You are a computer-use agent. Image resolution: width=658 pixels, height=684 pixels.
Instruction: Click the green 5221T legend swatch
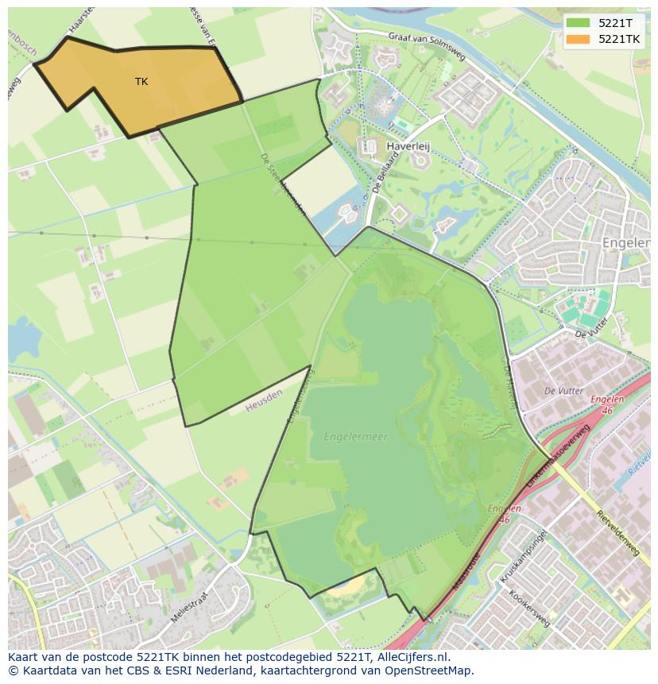(579, 23)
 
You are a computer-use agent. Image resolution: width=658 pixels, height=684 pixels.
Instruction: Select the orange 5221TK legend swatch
(579, 39)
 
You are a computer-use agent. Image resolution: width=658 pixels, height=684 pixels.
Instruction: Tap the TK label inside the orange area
(141, 82)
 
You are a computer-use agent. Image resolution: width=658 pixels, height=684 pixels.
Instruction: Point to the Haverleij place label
(407, 147)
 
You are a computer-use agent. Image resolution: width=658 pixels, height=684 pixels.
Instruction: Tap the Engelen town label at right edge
(629, 242)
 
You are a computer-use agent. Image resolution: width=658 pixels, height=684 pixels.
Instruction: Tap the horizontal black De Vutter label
(563, 391)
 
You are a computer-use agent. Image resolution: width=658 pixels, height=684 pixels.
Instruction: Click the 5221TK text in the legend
(620, 39)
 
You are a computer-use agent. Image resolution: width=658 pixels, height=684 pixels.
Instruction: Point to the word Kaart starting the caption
(24, 658)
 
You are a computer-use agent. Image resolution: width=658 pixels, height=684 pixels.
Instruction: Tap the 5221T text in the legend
(616, 23)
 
